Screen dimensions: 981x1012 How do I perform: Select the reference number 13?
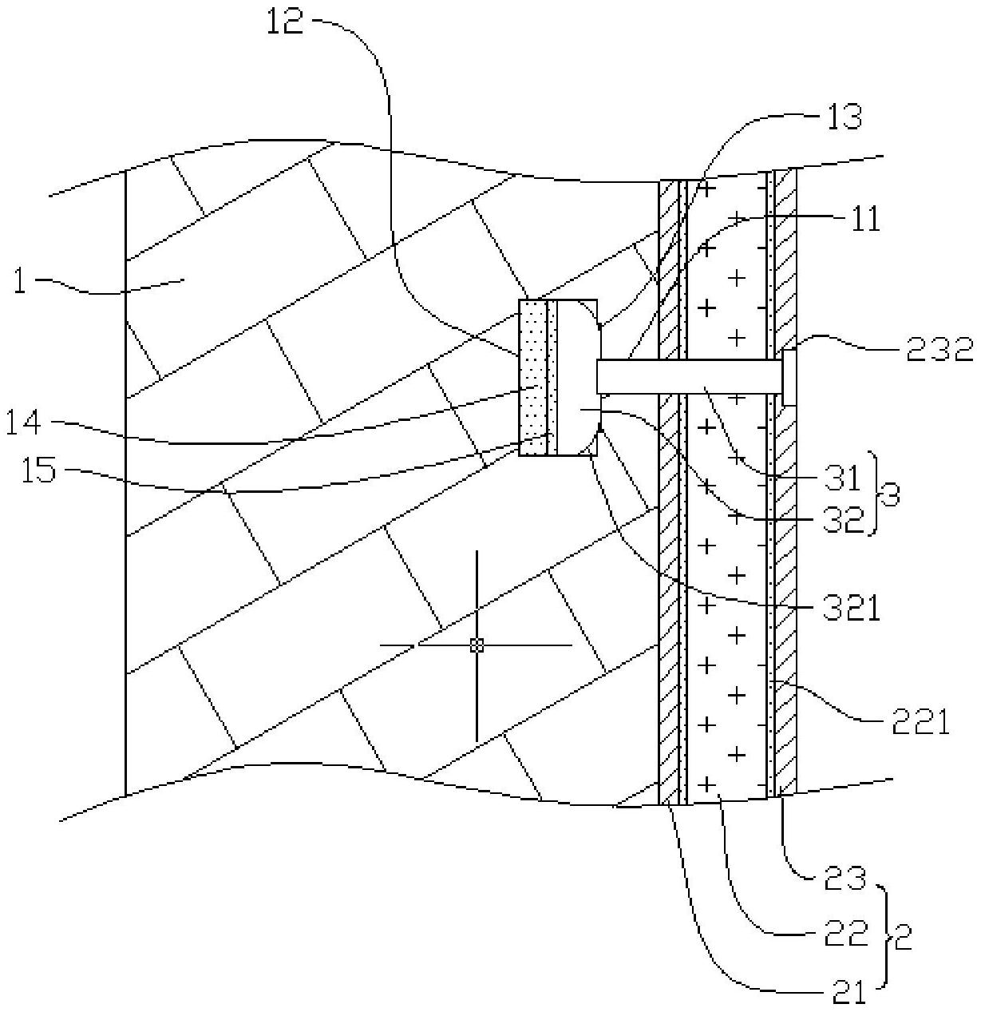[x=845, y=117]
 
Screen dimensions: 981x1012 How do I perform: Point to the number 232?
[x=940, y=350]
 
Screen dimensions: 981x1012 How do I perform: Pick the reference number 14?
[x=23, y=423]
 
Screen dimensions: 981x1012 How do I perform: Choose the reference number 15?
[x=38, y=470]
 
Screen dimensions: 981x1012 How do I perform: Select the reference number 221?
[x=920, y=723]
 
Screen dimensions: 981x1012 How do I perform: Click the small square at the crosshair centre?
[x=476, y=645]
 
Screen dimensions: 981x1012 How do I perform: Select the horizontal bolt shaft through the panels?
[x=690, y=375]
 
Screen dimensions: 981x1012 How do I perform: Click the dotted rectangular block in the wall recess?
[x=533, y=377]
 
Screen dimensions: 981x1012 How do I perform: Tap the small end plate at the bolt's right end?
[x=789, y=378]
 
